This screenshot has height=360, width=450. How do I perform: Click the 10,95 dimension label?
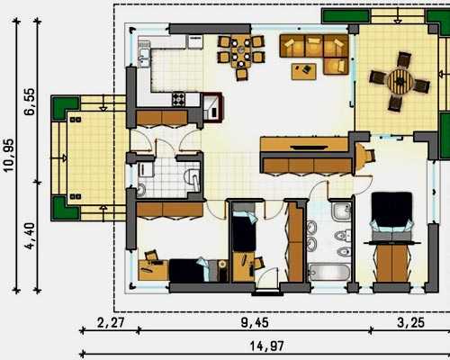coord(9,156)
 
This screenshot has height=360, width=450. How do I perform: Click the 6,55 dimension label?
coord(30,102)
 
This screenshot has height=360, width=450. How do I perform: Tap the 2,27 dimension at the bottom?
coord(111,323)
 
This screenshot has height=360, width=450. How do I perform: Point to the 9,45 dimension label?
coord(255,323)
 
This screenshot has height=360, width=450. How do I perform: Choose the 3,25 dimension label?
coord(410,323)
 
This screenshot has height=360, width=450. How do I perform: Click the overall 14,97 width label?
coord(266,346)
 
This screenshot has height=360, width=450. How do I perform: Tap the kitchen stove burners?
coord(178,99)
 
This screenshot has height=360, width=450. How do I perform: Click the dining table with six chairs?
coord(241,53)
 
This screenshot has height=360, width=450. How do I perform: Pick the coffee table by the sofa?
coord(304,71)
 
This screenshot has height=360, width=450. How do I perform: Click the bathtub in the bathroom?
coord(329,272)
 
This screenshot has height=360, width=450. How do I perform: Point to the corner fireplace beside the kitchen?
coord(213,106)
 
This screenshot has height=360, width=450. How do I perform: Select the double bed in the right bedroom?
coord(391,217)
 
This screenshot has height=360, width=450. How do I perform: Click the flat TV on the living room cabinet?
coord(310,148)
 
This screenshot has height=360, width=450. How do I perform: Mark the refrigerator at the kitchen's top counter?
coord(195,41)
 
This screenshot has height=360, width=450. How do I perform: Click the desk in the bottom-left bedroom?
coord(153,269)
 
